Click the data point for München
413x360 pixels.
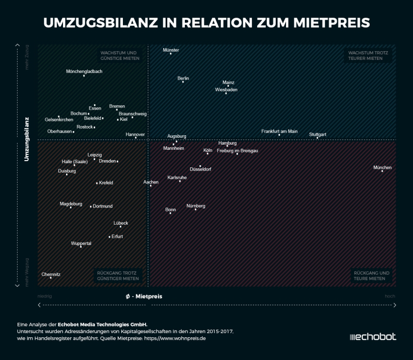click(x=383, y=171)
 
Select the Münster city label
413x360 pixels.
click(x=171, y=50)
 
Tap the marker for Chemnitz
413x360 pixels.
click(x=51, y=278)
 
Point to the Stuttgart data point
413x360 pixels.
click(x=317, y=138)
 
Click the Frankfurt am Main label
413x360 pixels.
click(x=279, y=131)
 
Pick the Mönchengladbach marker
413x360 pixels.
click(x=84, y=76)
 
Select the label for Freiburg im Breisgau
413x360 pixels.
click(x=237, y=151)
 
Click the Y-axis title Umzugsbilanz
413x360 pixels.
click(x=26, y=139)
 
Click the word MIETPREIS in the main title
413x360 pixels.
click(x=324, y=23)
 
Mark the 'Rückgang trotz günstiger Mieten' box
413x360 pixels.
click(x=118, y=275)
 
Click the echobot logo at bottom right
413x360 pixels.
click(x=373, y=337)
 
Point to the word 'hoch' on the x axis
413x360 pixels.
click(x=390, y=296)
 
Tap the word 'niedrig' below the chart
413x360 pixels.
click(x=45, y=296)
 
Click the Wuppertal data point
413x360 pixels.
click(x=81, y=247)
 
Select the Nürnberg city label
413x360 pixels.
click(x=196, y=206)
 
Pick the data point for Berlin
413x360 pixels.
click(x=183, y=82)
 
